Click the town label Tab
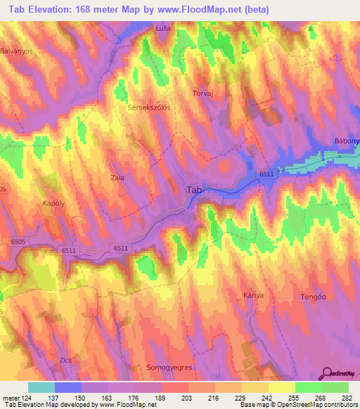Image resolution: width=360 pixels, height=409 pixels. (x=195, y=190)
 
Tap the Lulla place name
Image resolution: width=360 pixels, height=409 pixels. (x=163, y=29)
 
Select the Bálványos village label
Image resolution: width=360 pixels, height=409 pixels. (x=17, y=51)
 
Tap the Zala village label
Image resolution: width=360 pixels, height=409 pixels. (x=117, y=178)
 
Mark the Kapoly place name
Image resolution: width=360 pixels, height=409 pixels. (x=34, y=203)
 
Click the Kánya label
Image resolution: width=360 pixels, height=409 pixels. (x=253, y=295)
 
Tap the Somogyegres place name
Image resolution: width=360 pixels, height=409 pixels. (x=169, y=368)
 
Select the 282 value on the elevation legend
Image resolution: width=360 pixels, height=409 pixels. (x=347, y=399)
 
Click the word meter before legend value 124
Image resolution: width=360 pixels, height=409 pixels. (x=11, y=399)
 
